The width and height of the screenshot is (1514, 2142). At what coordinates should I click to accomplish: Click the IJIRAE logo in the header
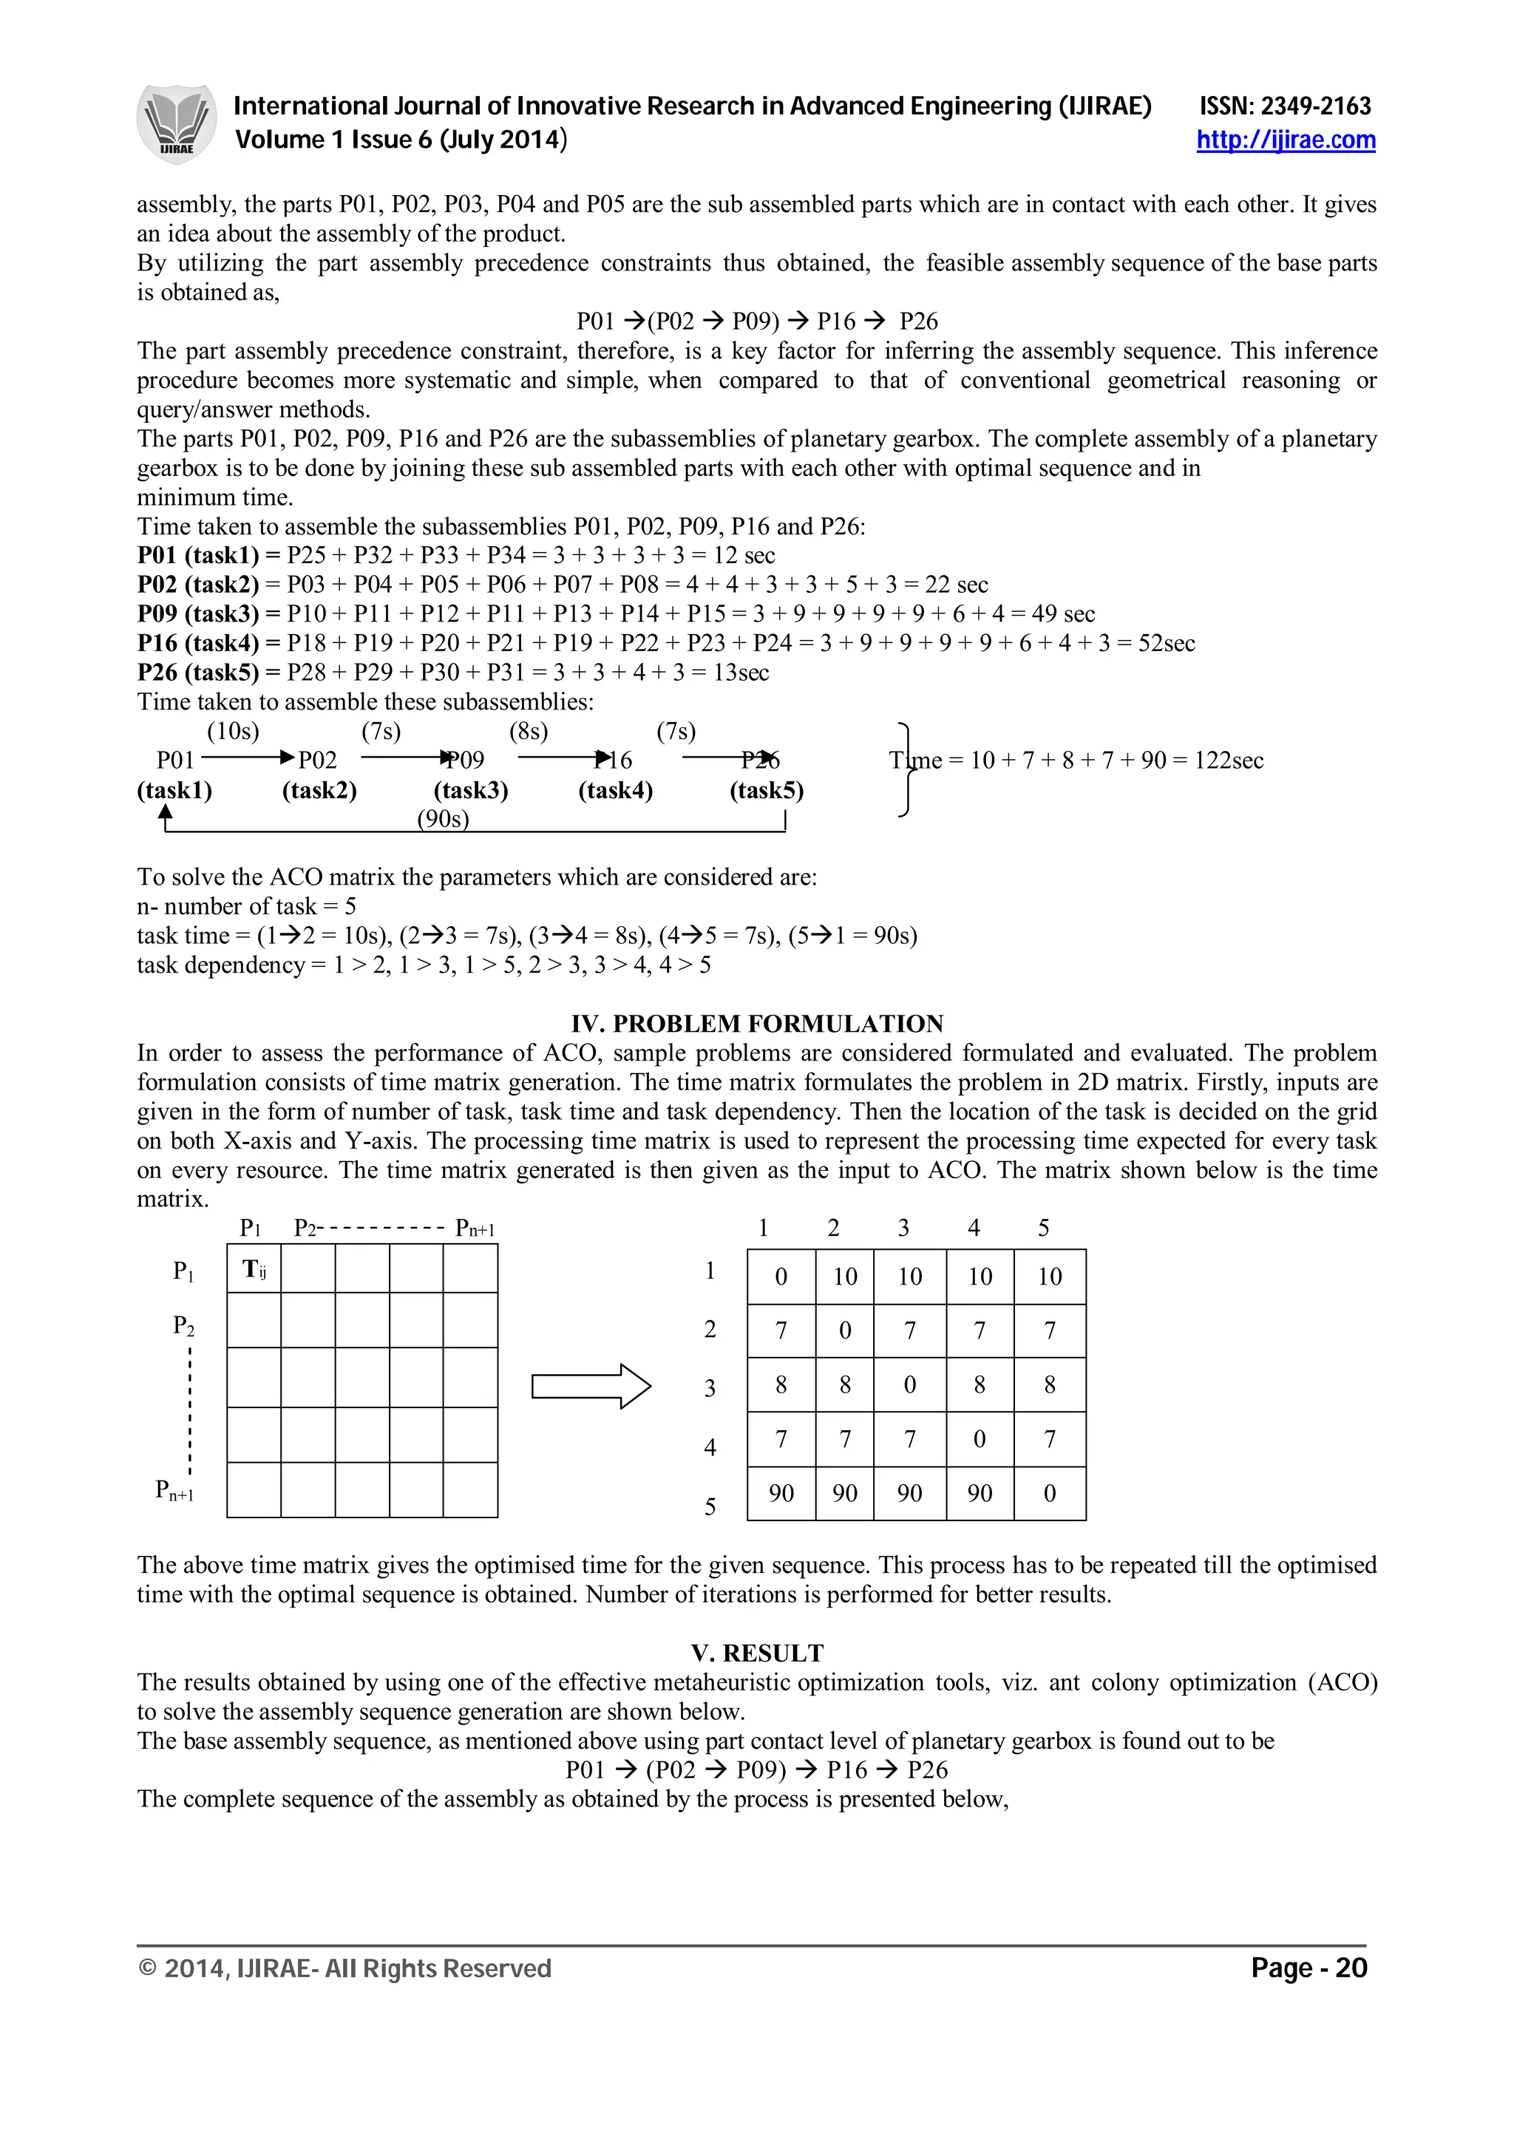(176, 123)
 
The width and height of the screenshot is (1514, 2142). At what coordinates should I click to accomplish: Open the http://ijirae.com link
(1286, 140)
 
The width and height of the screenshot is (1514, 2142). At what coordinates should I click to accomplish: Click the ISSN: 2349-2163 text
(1285, 106)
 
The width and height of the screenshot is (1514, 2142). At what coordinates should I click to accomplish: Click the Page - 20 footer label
(1308, 1968)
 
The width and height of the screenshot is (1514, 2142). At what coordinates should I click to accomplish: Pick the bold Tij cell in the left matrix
(254, 1270)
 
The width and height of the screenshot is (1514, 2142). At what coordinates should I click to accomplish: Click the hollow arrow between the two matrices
(591, 1387)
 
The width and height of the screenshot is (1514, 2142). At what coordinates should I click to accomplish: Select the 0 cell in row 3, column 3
(909, 1385)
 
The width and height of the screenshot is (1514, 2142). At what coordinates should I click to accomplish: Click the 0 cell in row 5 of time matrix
(1050, 1494)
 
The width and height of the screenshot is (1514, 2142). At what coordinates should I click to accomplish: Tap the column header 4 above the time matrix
(974, 1228)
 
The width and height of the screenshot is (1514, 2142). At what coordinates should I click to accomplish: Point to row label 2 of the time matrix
(710, 1330)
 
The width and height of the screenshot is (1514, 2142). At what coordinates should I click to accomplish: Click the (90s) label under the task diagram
(443, 819)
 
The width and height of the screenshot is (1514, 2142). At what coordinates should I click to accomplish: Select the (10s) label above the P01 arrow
(233, 732)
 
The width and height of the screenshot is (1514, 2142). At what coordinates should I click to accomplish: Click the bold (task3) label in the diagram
(471, 791)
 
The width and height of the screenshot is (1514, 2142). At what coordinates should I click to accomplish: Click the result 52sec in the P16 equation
(1167, 643)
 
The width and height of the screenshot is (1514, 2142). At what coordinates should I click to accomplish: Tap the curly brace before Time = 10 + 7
(904, 769)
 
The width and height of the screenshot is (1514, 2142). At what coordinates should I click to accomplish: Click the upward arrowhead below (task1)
(166, 814)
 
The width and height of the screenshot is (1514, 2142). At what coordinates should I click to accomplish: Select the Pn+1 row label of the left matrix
(174, 1490)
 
